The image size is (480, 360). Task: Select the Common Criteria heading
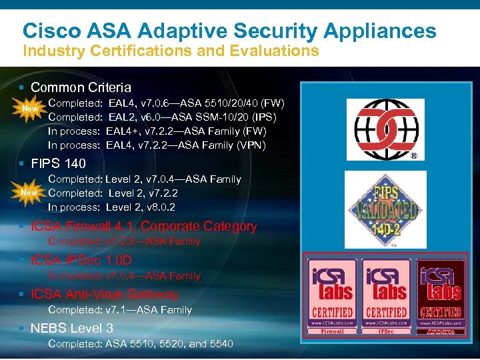81,87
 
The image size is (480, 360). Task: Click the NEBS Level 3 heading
72,328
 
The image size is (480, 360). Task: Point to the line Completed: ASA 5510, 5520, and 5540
141,343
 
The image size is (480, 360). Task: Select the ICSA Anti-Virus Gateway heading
105,294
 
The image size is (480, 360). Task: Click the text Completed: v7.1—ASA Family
120,309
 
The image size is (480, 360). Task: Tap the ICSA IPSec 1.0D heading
81,260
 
